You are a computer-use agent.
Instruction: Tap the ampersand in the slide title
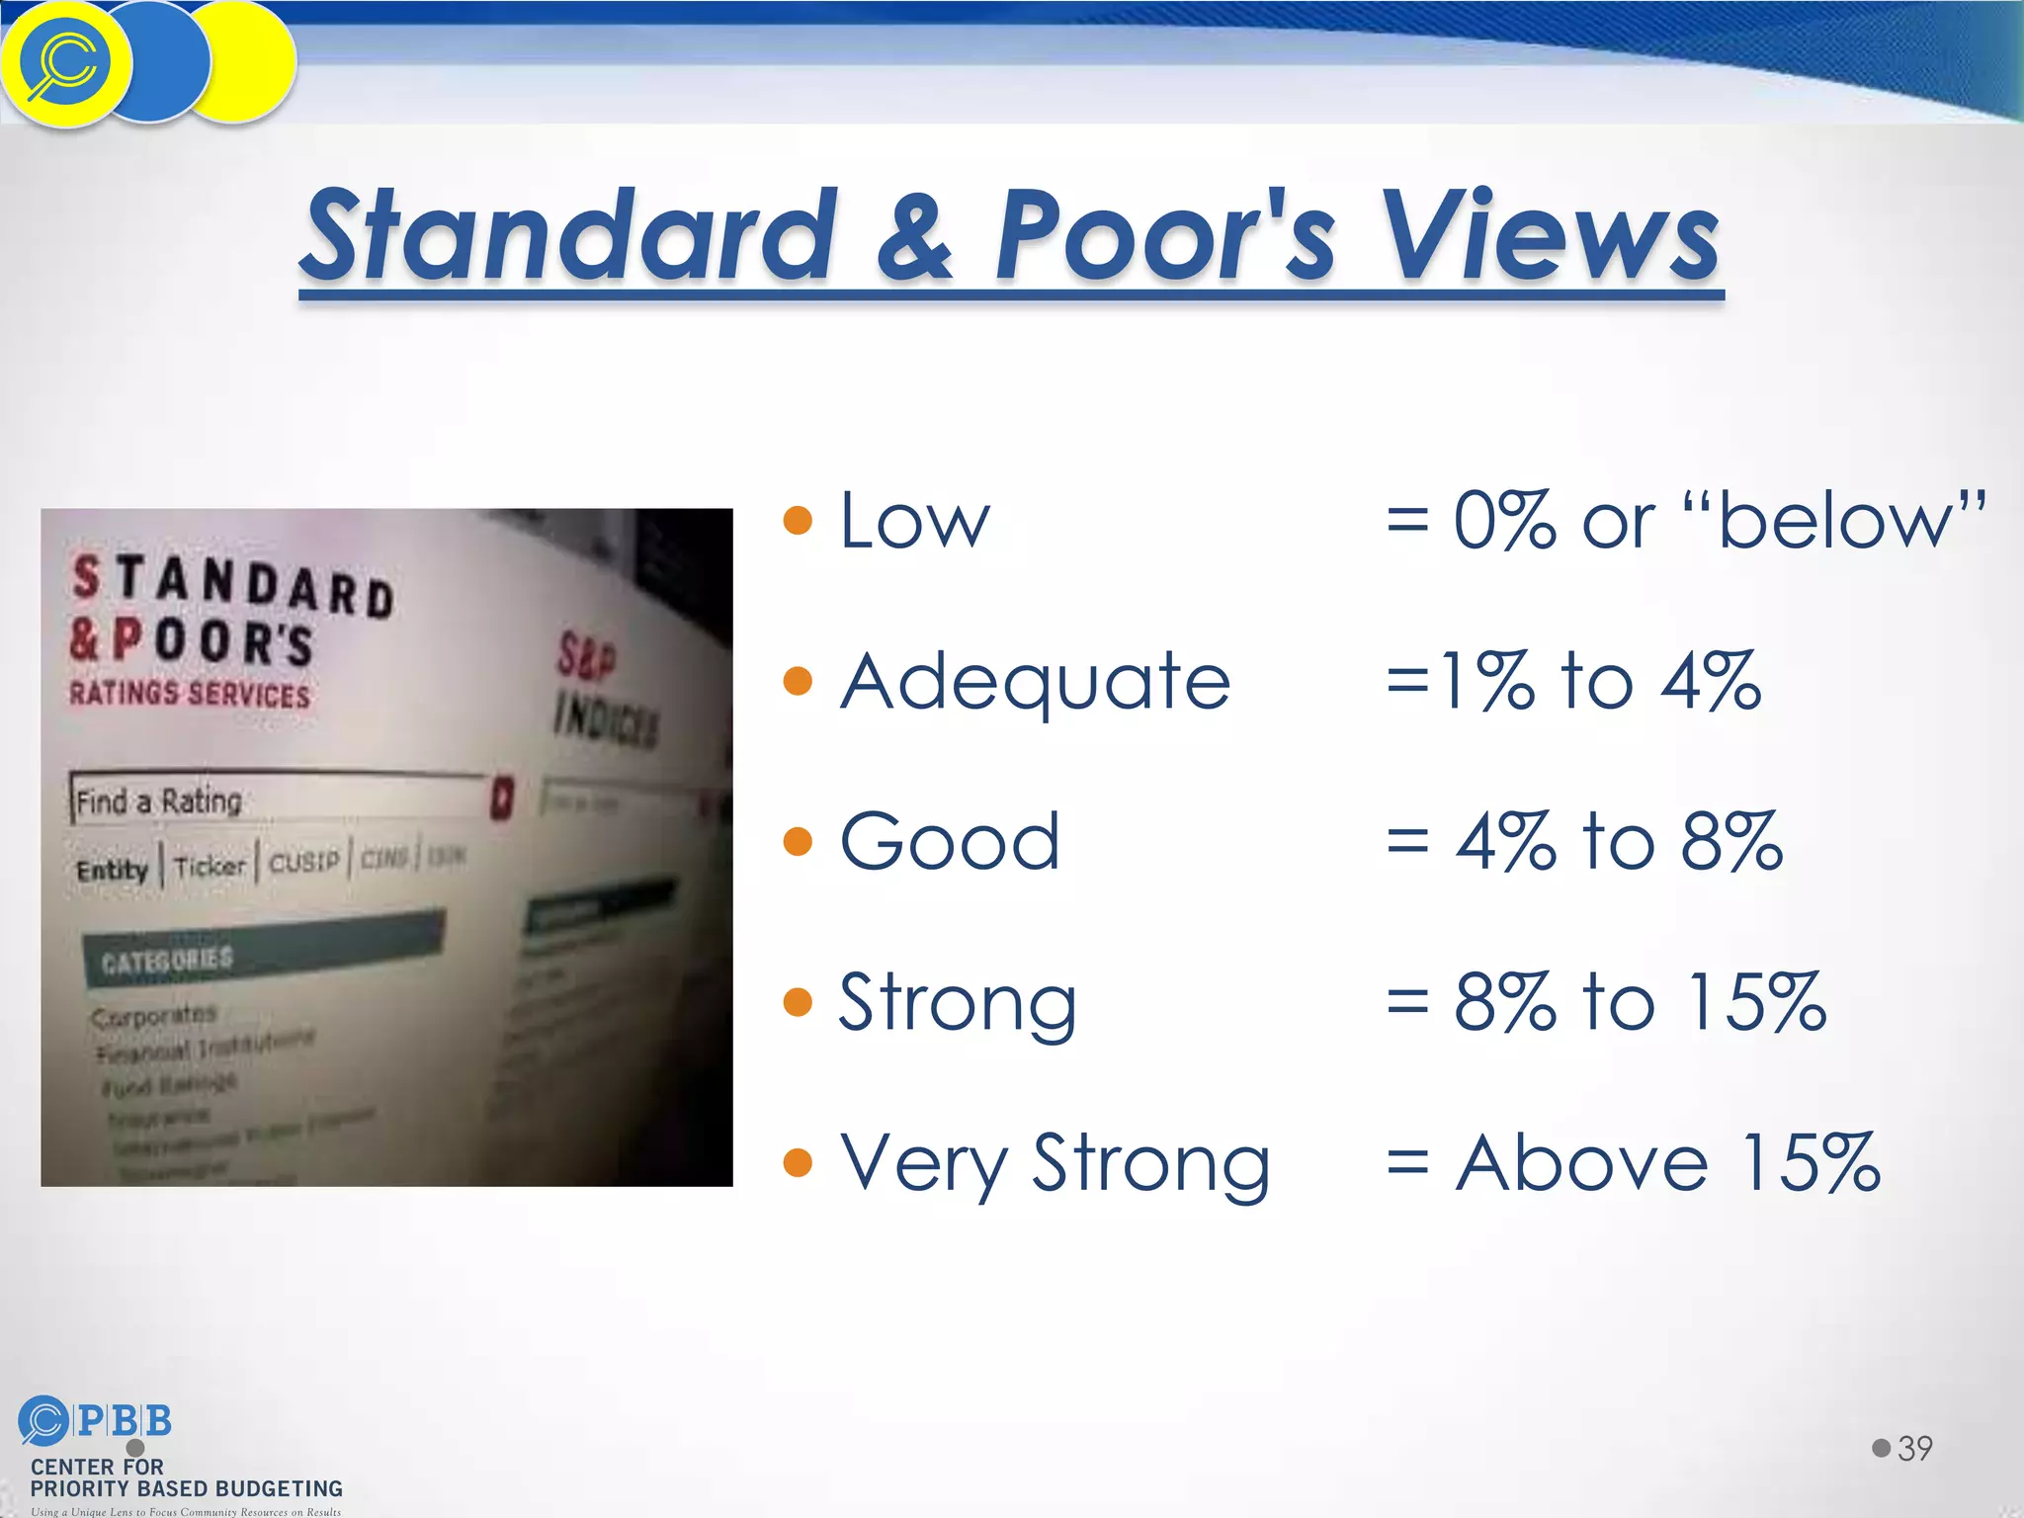click(x=913, y=237)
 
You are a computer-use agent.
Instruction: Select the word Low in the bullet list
click(x=913, y=521)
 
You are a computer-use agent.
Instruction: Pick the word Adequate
click(x=1035, y=682)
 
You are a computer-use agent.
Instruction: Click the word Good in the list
click(x=949, y=842)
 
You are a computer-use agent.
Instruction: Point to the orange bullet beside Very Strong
click(x=797, y=1163)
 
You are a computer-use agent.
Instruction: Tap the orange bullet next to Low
click(x=797, y=520)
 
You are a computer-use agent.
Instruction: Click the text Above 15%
click(x=1667, y=1163)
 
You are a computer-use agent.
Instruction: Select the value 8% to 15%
click(x=1640, y=1002)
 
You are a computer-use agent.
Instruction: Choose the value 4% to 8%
click(x=1619, y=842)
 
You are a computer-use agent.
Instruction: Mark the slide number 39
click(x=1914, y=1449)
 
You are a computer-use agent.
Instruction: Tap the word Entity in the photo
click(x=112, y=870)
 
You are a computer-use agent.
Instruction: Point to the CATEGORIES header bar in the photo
click(x=262, y=948)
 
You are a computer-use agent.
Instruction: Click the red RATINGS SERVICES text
click(x=190, y=693)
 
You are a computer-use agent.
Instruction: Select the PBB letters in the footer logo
click(x=125, y=1421)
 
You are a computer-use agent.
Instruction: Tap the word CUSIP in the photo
click(x=303, y=862)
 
